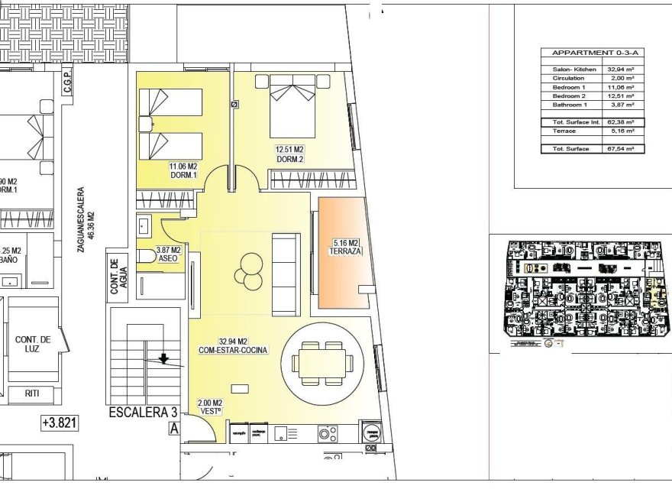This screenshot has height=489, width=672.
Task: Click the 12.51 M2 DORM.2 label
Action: [x=289, y=154]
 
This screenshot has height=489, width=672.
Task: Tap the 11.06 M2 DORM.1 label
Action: [x=184, y=170]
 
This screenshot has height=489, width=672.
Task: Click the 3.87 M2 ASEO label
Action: [x=168, y=254]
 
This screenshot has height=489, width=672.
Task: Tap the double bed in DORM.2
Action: [x=290, y=107]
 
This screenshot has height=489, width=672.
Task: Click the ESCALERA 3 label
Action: [x=138, y=413]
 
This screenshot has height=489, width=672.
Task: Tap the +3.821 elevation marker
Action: [x=61, y=422]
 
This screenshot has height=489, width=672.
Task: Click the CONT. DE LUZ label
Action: [x=32, y=345]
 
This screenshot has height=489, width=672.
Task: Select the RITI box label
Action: [x=33, y=394]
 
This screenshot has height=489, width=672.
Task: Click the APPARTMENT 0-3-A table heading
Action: [x=591, y=53]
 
